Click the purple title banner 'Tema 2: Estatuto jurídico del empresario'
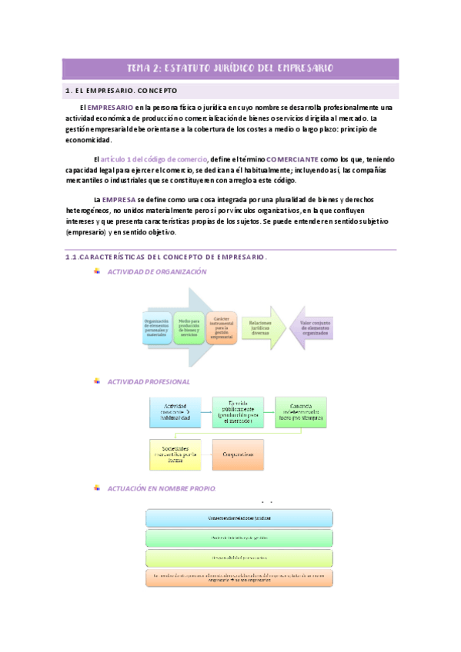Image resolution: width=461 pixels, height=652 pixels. tap(230, 68)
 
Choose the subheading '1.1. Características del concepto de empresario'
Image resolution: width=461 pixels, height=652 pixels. tap(166, 258)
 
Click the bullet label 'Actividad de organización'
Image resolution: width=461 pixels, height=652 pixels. tap(157, 272)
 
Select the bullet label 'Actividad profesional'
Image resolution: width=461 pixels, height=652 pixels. tap(149, 381)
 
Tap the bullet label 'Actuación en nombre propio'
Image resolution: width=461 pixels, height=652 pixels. tap(162, 488)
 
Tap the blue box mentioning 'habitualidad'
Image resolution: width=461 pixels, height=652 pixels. tap(176, 412)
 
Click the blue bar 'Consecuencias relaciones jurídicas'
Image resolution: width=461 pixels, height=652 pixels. tap(238, 518)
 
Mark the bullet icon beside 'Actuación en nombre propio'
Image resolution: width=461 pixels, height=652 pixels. tap(96, 488)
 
